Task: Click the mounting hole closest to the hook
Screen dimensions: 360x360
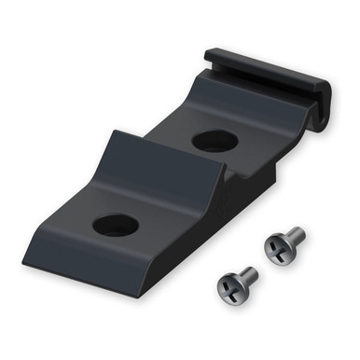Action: (x=213, y=142)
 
